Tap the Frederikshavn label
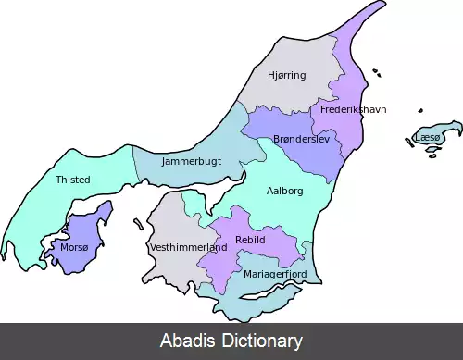354,109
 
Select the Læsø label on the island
428,137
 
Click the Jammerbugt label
191,161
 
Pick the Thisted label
72,180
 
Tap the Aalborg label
284,191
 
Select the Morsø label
74,248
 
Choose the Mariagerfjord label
274,274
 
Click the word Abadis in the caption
190,341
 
